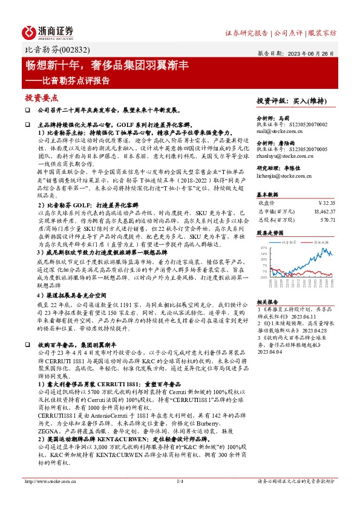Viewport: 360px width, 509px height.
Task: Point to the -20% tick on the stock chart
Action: [x=263, y=277]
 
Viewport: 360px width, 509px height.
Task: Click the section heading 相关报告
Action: [x=267, y=300]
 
